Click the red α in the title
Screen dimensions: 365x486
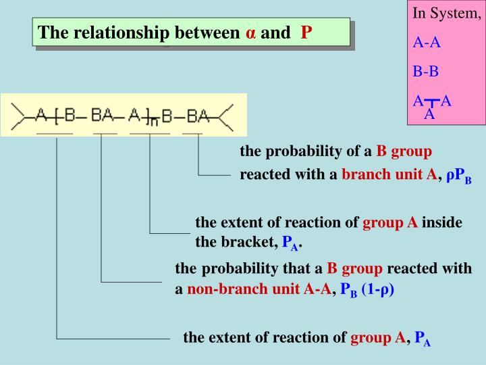(x=251, y=33)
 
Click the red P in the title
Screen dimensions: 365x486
(x=306, y=32)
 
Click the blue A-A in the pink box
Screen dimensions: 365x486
(x=427, y=43)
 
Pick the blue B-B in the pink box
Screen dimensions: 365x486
(x=426, y=71)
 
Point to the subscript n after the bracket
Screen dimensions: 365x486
(x=153, y=122)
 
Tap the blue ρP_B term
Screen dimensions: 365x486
(x=458, y=176)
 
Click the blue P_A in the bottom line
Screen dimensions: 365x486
(x=423, y=338)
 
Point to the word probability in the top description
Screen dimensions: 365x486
(x=308, y=151)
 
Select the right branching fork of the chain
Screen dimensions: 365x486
(x=224, y=116)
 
